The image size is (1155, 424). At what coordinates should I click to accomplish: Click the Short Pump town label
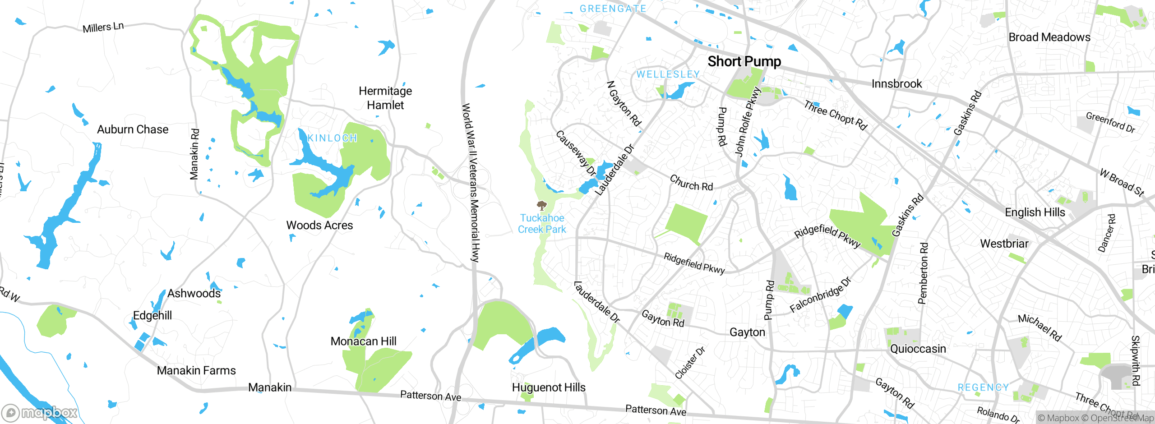point(744,61)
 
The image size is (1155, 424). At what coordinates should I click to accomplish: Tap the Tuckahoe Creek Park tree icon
point(542,206)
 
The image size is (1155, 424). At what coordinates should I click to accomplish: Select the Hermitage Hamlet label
point(385,98)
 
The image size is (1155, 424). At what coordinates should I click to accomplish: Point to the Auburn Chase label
point(133,129)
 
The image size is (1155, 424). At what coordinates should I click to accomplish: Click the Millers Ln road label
point(103,28)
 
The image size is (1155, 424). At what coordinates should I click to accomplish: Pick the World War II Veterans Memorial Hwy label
point(471,183)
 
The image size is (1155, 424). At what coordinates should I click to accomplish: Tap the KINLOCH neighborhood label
point(333,138)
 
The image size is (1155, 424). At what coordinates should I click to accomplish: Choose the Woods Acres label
point(319,225)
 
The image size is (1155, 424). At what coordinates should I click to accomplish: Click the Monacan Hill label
point(363,341)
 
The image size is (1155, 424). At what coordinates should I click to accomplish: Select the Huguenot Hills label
point(549,387)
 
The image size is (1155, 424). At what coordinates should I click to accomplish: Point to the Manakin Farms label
point(196,370)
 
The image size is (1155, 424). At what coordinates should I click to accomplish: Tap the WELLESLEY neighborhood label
point(668,74)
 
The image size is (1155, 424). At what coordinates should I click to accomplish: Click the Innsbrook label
point(896,84)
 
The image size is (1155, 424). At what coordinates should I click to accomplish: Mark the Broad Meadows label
point(1049,37)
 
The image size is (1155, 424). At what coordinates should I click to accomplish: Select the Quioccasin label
point(918,349)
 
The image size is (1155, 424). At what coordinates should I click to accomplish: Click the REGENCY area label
point(983,387)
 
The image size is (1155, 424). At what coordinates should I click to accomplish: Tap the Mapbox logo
point(40,413)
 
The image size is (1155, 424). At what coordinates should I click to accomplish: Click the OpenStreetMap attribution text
point(1118,418)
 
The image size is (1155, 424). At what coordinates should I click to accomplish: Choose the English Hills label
point(1035,212)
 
